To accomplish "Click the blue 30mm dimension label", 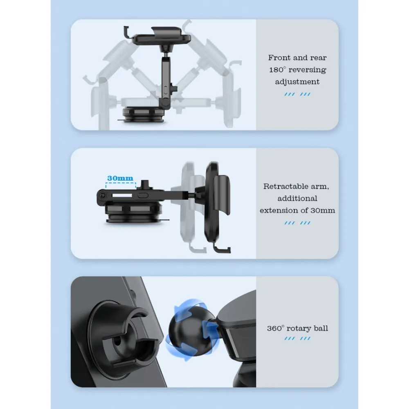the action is click(x=120, y=178).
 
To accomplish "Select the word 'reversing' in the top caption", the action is click(x=307, y=70).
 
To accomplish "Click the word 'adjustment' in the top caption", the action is click(x=297, y=82).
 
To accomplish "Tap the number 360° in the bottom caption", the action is click(x=275, y=328).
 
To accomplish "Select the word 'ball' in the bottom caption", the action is click(x=321, y=328).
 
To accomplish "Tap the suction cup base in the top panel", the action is click(x=143, y=115).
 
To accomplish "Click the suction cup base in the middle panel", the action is click(x=133, y=213).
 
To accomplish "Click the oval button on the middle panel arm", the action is click(x=142, y=196).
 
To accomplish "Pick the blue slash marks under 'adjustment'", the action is click(x=297, y=94).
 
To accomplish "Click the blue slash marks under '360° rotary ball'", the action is click(x=297, y=339).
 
